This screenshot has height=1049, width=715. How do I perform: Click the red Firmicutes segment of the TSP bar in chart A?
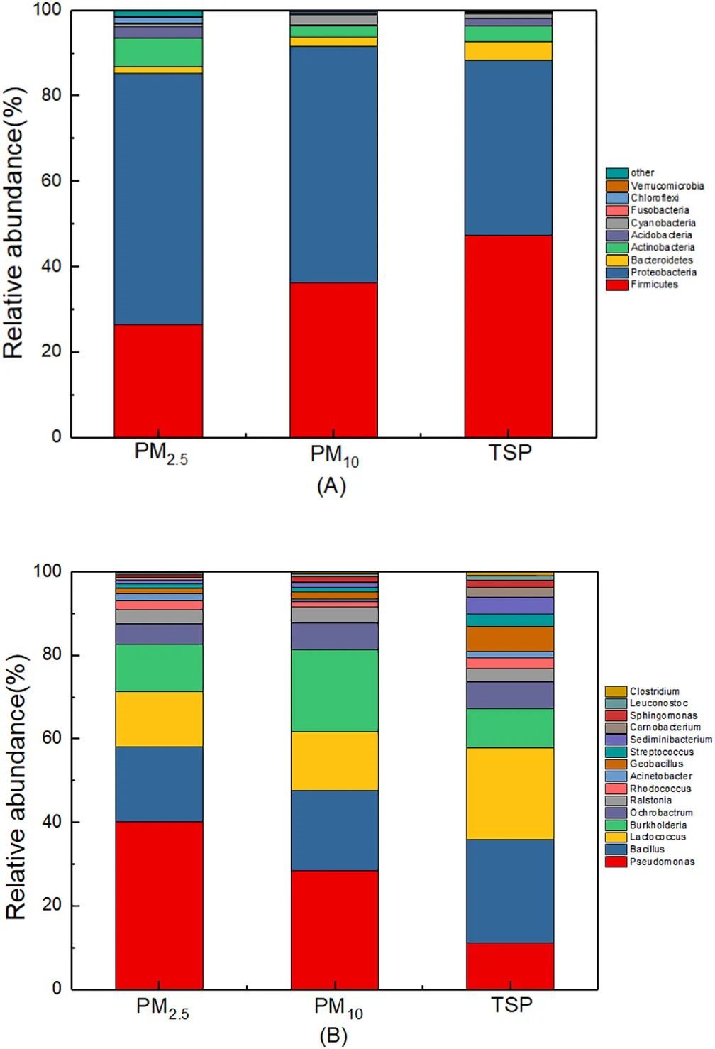[x=509, y=336]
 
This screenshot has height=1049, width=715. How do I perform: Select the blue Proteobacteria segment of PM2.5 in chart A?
[x=158, y=199]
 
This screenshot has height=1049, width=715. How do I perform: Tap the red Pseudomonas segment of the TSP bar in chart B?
[x=510, y=965]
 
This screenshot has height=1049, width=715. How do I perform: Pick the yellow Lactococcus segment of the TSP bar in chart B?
[x=510, y=793]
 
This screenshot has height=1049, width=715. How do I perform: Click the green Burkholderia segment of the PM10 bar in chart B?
[x=335, y=691]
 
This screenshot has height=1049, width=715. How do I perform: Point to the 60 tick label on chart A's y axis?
[x=51, y=181]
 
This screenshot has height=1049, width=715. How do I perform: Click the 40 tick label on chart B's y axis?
[x=51, y=822]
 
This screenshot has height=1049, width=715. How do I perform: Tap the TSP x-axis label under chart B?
[x=511, y=1005]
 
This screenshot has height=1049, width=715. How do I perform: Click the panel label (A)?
[x=331, y=486]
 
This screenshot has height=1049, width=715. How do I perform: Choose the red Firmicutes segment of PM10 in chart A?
[x=333, y=360]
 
